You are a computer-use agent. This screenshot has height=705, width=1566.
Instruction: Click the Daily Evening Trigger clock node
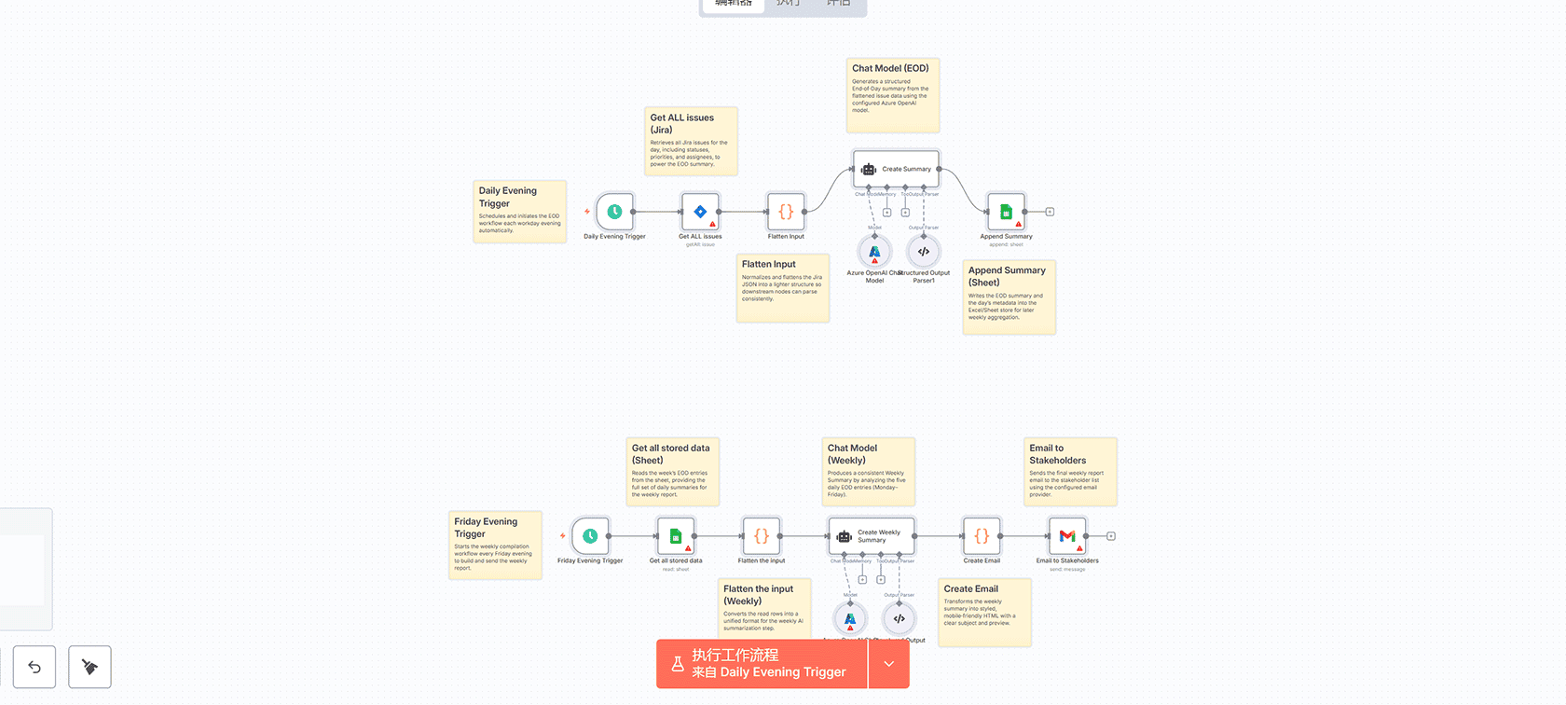614,212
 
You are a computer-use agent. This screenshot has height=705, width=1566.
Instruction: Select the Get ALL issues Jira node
700,212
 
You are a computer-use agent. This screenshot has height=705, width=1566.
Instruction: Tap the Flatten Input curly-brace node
786,212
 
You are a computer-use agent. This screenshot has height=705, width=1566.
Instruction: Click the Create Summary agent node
896,169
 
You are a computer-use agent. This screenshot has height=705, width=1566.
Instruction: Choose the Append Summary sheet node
1006,212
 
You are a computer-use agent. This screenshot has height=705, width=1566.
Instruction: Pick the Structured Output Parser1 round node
924,252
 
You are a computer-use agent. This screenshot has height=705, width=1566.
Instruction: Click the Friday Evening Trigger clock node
590,536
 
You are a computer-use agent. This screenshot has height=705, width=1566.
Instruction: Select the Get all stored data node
676,536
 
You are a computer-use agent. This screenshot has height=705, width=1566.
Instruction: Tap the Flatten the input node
762,536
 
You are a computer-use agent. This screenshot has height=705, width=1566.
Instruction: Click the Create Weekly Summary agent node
872,536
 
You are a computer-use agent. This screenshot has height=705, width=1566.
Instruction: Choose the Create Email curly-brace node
982,536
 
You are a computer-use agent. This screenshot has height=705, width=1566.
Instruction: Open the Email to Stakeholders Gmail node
1067,536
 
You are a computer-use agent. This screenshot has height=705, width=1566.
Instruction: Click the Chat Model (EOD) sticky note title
890,68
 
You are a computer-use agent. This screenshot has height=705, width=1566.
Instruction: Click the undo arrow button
34,667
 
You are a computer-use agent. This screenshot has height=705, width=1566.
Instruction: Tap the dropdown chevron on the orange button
888,664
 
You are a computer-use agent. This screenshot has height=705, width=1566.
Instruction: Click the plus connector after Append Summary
1050,212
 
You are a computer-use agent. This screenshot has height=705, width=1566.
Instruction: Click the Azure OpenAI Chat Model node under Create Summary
874,252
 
